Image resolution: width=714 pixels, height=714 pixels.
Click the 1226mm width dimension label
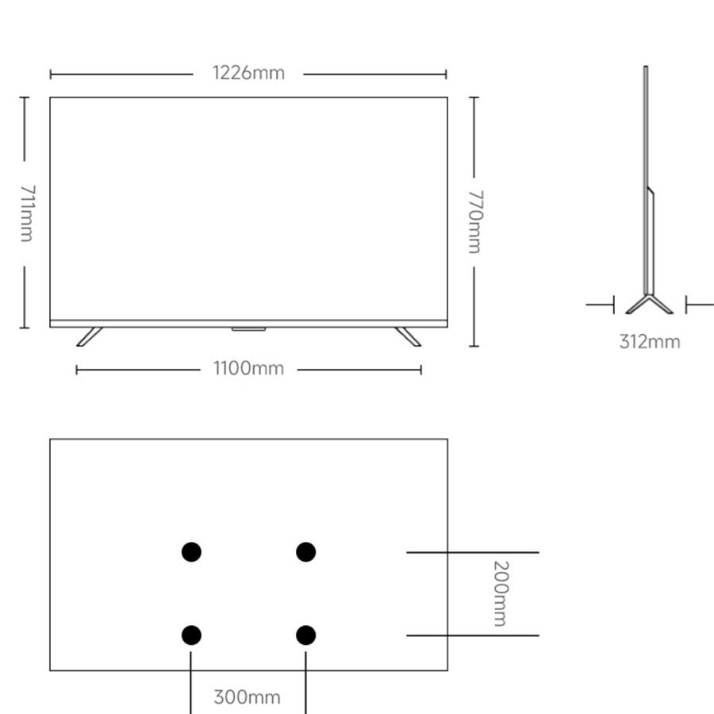[248, 73]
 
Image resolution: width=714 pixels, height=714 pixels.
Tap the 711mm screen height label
[27, 213]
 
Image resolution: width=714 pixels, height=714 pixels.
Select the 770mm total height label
[475, 222]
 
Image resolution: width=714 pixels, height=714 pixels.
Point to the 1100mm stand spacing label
[248, 368]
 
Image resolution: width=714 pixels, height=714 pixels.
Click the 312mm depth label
[650, 342]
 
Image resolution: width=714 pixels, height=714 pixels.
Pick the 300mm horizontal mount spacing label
[247, 697]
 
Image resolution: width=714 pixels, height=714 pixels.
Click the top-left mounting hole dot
[191, 552]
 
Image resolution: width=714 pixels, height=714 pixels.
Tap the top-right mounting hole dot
[306, 552]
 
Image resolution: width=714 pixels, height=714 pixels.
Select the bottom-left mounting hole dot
[191, 635]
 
